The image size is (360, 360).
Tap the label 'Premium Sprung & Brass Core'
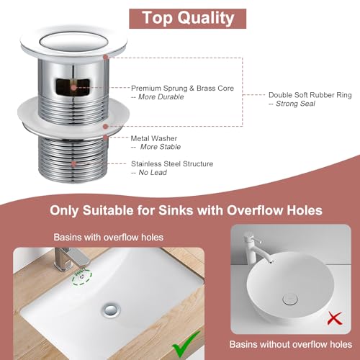point(182,88)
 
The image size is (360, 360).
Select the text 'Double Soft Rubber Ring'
point(310,94)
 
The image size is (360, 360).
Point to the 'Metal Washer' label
point(153,138)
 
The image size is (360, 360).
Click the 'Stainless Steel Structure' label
point(172,163)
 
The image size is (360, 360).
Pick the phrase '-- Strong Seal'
point(292,104)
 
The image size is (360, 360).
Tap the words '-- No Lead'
point(148,173)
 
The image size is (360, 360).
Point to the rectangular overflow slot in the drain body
point(73,87)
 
